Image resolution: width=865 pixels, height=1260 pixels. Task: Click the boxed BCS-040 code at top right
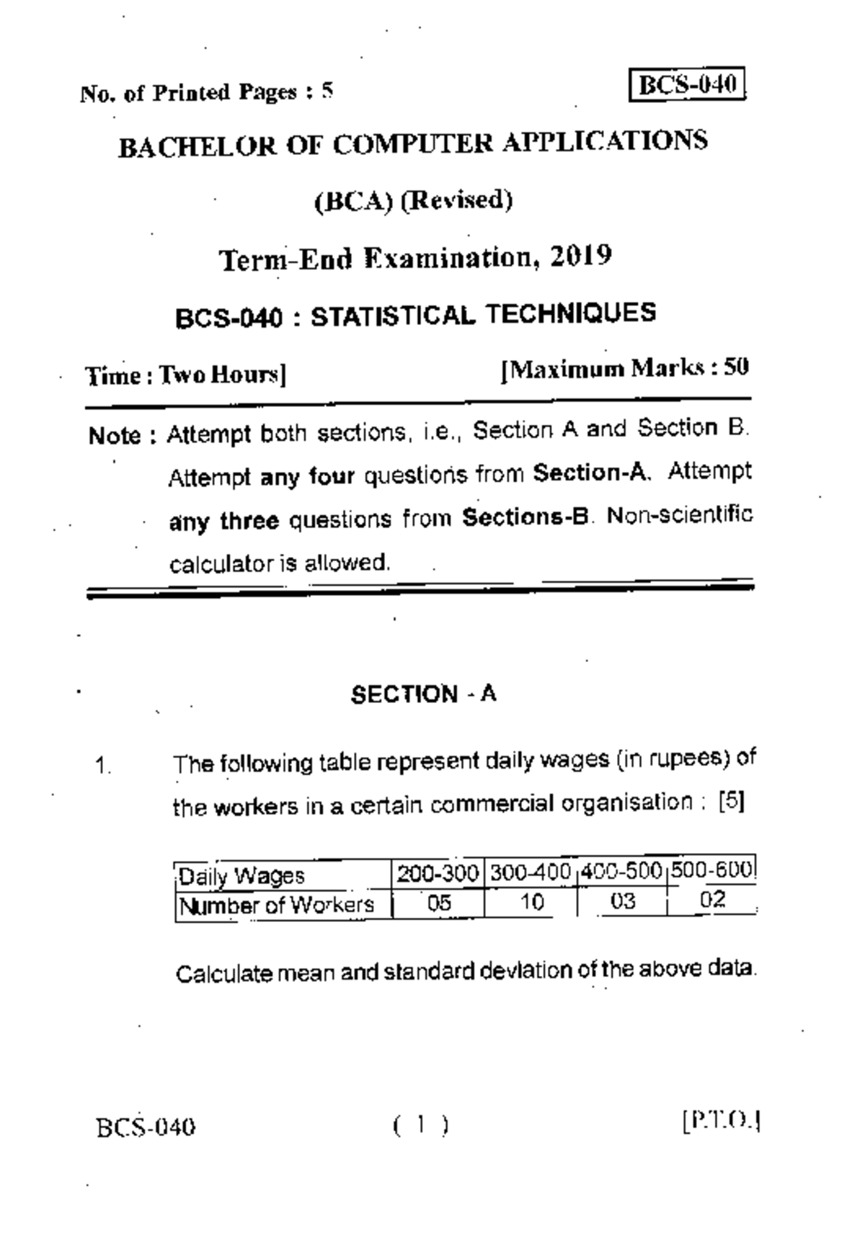point(686,85)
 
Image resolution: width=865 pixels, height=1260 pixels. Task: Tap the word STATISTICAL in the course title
point(393,316)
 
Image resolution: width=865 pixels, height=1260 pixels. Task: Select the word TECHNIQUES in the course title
point(570,313)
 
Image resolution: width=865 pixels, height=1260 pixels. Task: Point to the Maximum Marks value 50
point(736,367)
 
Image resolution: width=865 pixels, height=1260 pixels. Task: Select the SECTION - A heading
point(423,694)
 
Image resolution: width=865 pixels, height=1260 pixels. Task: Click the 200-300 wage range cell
point(438,874)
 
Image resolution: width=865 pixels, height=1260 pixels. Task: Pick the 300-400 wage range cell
point(531,872)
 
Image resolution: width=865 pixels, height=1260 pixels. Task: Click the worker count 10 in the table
point(532,902)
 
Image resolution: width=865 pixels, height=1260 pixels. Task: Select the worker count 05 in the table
point(438,903)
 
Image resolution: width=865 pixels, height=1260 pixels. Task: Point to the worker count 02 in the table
point(712,900)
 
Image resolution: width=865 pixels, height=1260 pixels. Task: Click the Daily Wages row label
point(241,877)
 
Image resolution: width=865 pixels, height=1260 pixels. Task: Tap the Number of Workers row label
point(277,905)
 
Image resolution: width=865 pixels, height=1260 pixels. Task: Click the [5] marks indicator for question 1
point(732,802)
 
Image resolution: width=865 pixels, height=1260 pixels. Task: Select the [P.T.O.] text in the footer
point(722,1122)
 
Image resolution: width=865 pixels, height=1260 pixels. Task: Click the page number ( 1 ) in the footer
point(422,1125)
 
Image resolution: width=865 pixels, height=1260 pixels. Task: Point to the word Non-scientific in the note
point(680,515)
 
